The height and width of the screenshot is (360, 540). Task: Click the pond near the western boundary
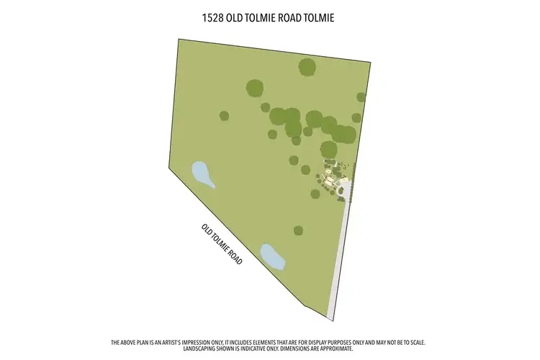coord(203,174)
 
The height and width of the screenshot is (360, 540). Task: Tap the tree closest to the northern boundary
coord(307,67)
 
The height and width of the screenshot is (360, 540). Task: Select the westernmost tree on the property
coord(224,115)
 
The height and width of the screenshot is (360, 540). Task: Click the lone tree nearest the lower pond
coord(298,230)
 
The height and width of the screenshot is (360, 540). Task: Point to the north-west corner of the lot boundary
coord(178,38)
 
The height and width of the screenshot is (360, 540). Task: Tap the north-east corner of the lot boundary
coord(369,63)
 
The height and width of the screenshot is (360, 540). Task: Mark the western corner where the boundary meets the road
coord(169,170)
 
